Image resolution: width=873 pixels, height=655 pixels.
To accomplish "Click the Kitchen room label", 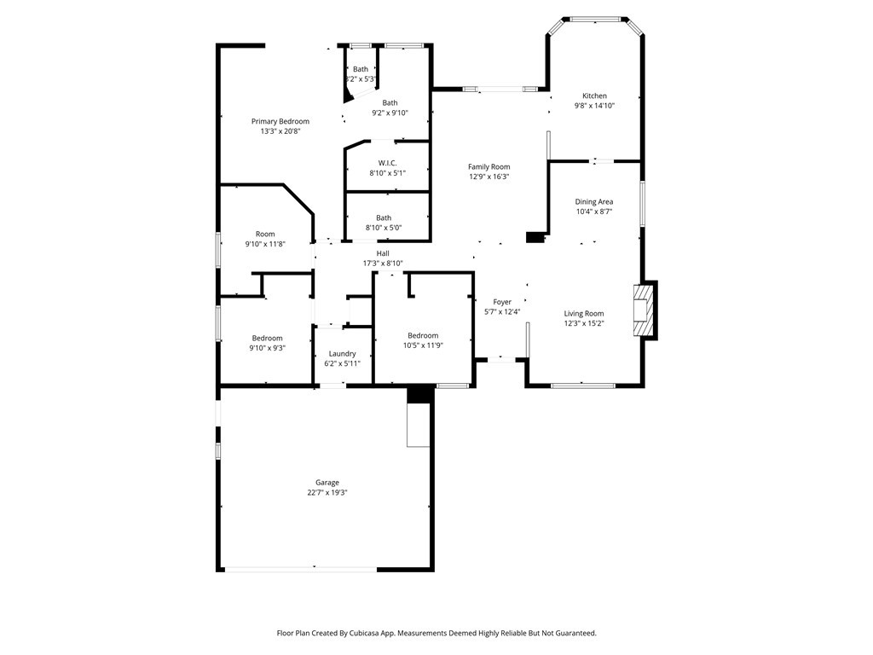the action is coord(594,96).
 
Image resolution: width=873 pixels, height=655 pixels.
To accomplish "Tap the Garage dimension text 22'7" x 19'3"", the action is coord(327,493).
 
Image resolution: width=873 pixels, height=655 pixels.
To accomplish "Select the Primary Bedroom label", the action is coord(280,121).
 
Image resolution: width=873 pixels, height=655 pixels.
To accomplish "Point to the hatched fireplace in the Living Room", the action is coord(643,310).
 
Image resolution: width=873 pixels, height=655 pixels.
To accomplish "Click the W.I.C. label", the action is coord(388,163).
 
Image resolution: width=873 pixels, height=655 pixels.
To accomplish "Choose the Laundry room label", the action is coord(342,354).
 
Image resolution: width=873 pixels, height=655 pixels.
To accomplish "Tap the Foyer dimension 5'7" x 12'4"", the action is coord(502,312).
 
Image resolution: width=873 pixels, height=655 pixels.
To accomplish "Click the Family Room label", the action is coord(489,166).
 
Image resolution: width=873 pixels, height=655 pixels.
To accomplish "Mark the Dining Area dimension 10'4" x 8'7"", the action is coord(594,212).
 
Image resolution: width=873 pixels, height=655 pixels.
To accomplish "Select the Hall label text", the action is coord(383,253).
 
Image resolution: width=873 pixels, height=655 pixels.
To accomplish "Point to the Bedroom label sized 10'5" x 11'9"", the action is coord(423,335).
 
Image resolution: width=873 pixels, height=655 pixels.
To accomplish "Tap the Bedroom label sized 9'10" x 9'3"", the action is coord(267,338).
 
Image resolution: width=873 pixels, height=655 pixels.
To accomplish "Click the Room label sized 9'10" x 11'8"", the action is coord(265,234).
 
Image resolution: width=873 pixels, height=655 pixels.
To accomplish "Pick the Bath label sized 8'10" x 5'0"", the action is coord(384,217).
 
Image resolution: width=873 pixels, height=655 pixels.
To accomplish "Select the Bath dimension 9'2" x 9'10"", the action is coord(390,113).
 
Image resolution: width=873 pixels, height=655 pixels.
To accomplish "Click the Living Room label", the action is coord(583,314).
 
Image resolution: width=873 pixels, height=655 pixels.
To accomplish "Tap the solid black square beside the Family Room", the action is coord(535,237).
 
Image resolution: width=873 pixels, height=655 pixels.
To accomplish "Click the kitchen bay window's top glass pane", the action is coord(595,20).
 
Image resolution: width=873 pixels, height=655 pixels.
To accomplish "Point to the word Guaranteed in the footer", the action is coord(576,634).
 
